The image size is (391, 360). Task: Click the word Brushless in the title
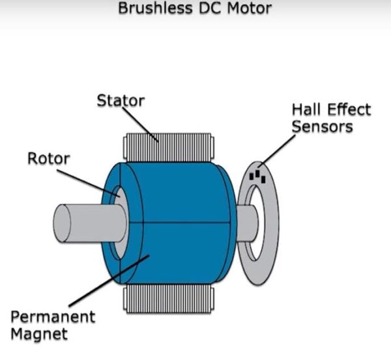[147, 9]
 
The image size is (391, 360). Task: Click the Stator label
[121, 101]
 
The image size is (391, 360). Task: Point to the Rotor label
[48, 158]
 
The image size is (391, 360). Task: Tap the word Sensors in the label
[322, 126]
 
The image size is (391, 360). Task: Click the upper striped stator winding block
[168, 148]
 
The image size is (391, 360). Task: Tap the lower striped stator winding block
[168, 298]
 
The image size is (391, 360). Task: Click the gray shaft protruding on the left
[85, 223]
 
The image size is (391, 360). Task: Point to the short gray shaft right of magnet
[247, 223]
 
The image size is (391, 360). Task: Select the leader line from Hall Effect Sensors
[278, 150]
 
